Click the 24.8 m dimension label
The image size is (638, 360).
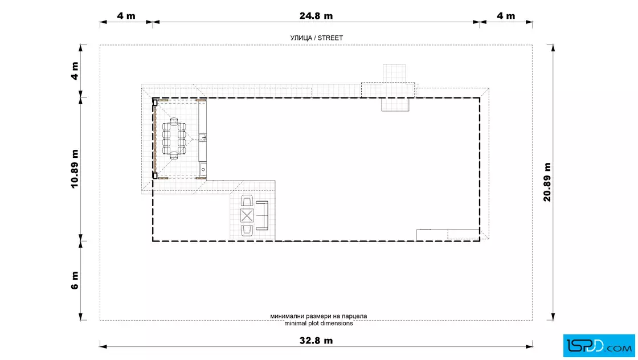[316, 16]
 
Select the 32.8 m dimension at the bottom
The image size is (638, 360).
[316, 341]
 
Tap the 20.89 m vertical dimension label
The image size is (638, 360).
[547, 182]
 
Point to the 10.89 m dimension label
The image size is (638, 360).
[75, 169]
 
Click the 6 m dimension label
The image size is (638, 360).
[75, 281]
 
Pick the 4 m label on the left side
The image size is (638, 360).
[75, 71]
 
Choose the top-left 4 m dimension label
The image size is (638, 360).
[126, 16]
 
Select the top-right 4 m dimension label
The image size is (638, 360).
[506, 16]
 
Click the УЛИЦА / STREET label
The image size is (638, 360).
[317, 38]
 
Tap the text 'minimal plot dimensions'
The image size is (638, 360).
[318, 324]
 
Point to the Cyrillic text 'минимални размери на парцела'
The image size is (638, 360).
[318, 316]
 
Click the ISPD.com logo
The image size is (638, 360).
[599, 346]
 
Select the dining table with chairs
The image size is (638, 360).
[174, 138]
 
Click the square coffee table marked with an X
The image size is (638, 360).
[247, 216]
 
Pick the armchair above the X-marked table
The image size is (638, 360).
[247, 201]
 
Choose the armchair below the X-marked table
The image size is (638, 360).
[247, 231]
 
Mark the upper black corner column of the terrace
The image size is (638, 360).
[155, 103]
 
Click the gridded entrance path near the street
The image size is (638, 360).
[394, 73]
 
